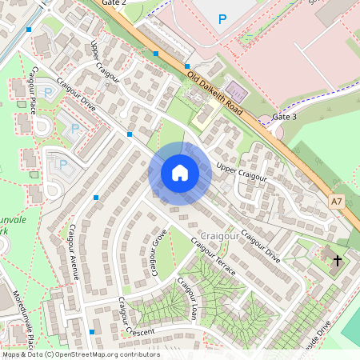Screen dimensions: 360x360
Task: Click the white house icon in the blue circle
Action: (x=180, y=172)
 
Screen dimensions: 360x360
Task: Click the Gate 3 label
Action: (x=284, y=117)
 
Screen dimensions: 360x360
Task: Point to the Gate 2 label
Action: (x=114, y=3)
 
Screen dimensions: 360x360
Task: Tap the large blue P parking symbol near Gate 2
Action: (x=222, y=18)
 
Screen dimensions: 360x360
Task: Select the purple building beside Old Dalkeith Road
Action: (x=235, y=88)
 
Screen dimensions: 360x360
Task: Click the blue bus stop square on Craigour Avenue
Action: (x=96, y=197)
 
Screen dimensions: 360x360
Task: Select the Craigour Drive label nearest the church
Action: (x=260, y=247)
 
